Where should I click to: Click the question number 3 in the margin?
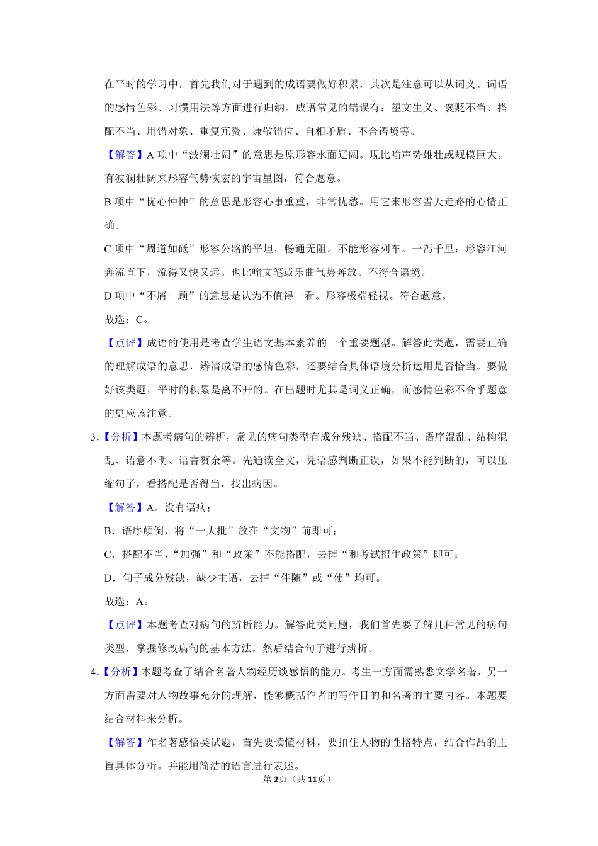coord(94,437)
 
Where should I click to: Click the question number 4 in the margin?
coord(94,672)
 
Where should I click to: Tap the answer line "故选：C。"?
coord(127,320)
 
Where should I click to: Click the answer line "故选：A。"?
coord(127,602)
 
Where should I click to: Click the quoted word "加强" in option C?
coord(190,555)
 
